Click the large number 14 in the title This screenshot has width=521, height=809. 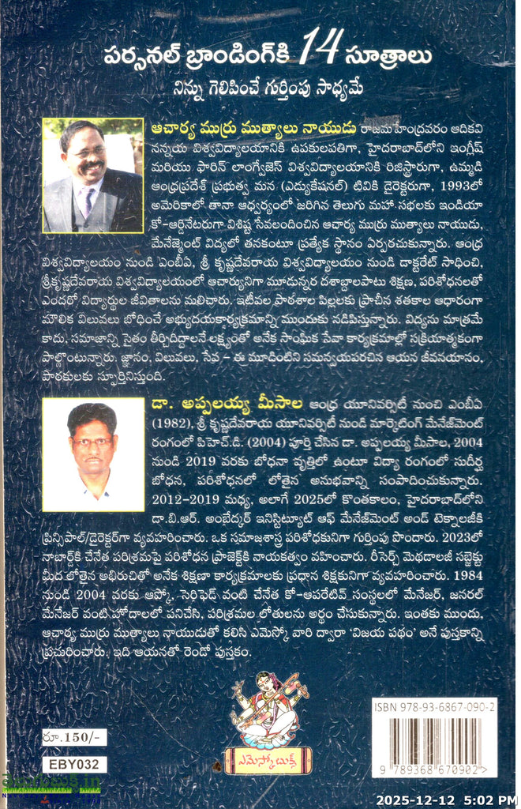point(324,54)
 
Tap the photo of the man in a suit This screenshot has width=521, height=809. point(92,175)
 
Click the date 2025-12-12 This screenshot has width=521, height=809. point(416,799)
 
